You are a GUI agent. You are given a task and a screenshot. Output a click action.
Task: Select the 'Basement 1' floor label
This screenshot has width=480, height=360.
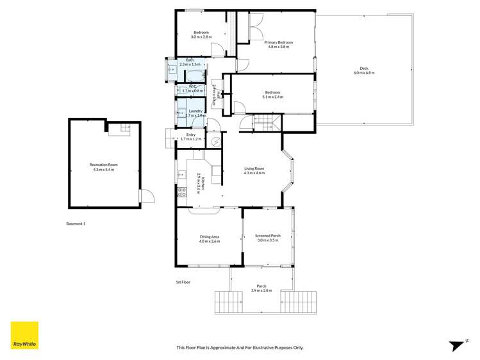pos(76,224)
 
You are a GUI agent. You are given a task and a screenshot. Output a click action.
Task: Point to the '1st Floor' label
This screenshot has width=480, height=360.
pos(183,282)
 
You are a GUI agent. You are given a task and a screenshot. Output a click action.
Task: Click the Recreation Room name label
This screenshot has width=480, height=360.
pos(103,165)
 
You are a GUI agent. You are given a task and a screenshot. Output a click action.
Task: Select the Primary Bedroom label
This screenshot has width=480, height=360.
pos(277,42)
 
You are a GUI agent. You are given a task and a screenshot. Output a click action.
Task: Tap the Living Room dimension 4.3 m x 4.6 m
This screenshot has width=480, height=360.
pos(254,173)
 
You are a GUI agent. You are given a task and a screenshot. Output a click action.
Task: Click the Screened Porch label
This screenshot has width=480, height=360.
pos(268,236)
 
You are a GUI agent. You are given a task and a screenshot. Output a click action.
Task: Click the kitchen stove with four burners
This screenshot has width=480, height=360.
pos(181,190)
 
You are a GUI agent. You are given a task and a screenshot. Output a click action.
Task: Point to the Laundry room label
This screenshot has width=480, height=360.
pos(195,111)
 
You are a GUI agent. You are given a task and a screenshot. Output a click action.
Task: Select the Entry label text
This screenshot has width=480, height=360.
pos(191,135)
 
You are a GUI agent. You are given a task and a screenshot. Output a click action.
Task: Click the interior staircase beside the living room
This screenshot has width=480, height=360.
pos(263,122)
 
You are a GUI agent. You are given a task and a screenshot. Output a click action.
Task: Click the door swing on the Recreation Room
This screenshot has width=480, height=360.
pos(147,195)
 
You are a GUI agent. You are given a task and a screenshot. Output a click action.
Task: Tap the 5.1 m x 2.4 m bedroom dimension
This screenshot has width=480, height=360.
pos(273,97)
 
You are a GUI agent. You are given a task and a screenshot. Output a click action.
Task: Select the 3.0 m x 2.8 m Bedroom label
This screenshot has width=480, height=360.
pos(201,37)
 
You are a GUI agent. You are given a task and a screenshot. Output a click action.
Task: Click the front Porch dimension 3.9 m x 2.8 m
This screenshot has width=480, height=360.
pos(261,291)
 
